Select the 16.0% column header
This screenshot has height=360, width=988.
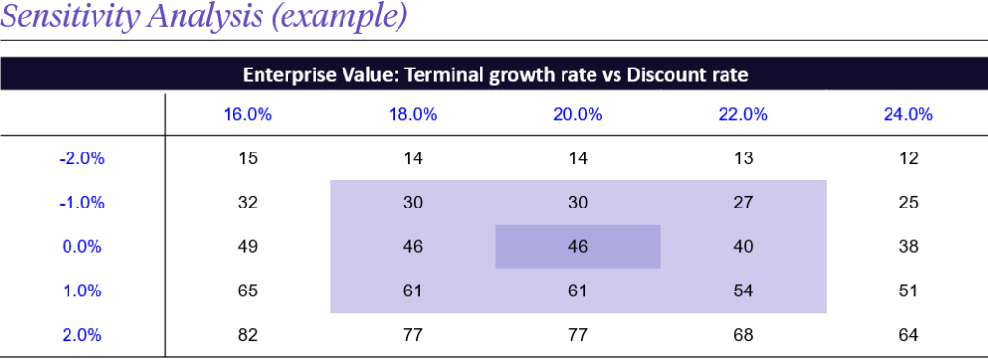click(247, 114)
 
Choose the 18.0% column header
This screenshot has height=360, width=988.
click(412, 114)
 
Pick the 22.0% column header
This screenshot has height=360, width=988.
click(743, 114)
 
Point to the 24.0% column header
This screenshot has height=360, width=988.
click(908, 114)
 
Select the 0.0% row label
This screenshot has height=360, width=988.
click(82, 247)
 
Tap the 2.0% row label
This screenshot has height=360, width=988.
click(82, 336)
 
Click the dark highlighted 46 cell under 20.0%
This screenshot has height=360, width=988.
click(577, 247)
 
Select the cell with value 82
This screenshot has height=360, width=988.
click(247, 336)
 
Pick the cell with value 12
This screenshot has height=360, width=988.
click(908, 158)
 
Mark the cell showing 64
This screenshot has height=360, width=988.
click(908, 336)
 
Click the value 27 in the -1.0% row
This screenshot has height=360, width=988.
click(743, 203)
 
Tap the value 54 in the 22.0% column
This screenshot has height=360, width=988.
click(743, 291)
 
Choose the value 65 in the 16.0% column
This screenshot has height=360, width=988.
click(247, 291)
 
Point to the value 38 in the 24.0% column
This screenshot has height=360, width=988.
click(908, 247)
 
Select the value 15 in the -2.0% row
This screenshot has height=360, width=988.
click(247, 158)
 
